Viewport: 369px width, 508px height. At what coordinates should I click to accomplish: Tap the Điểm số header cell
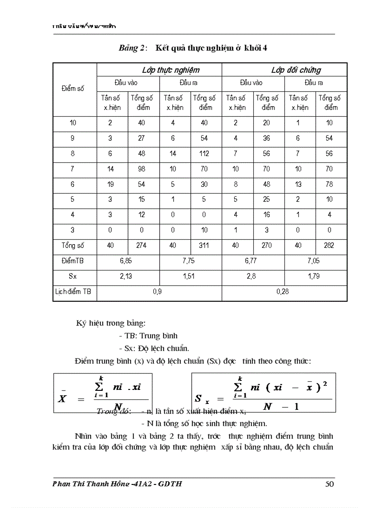(72, 89)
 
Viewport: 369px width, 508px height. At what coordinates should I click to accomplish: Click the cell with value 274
(142, 246)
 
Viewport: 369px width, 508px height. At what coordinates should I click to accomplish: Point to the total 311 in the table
(204, 246)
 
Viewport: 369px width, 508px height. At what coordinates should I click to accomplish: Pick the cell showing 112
(204, 153)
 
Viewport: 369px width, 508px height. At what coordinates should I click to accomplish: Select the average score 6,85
(126, 261)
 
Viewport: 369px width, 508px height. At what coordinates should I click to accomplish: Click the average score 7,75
(189, 261)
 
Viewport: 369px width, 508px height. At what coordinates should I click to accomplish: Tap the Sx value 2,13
(126, 276)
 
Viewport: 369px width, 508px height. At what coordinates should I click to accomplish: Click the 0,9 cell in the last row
(157, 292)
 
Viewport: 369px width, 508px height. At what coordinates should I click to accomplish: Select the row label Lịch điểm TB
(72, 292)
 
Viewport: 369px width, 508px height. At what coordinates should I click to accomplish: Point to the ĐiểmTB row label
(72, 261)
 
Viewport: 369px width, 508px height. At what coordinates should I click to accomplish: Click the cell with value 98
(142, 169)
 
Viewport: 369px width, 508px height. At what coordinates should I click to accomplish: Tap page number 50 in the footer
(329, 484)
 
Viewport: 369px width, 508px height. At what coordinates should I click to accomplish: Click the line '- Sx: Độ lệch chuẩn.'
(154, 348)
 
